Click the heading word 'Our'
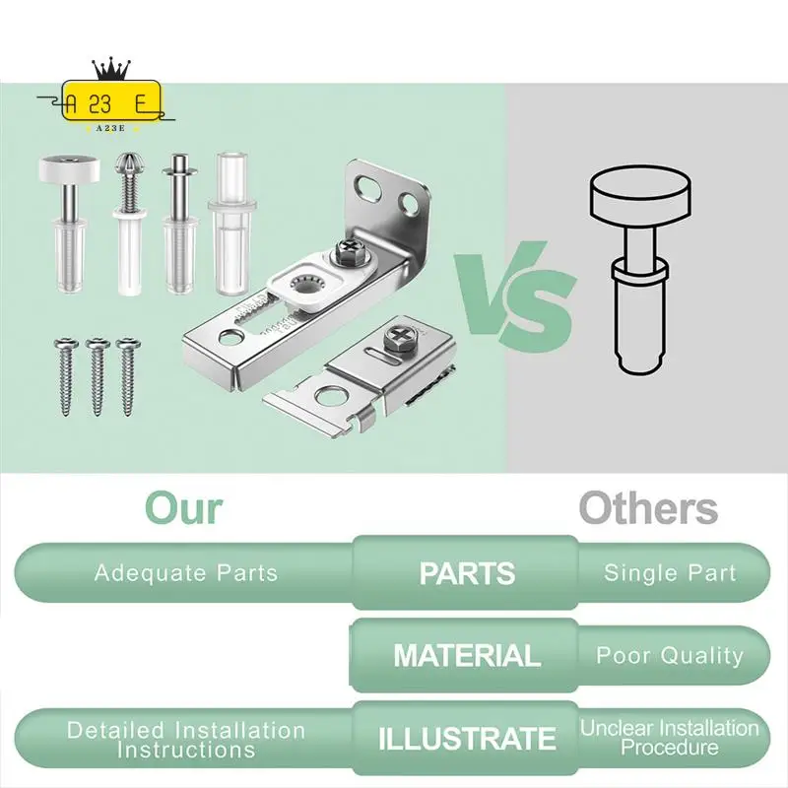[184, 509]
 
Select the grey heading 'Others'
[648, 509]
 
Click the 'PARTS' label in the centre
[467, 573]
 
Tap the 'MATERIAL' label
[467, 655]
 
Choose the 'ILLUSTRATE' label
[467, 738]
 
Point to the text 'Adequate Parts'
[186, 573]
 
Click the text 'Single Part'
[670, 573]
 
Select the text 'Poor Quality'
[670, 655]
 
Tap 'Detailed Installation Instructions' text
[186, 739]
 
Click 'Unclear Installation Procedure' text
[670, 738]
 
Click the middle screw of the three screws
[97, 371]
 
